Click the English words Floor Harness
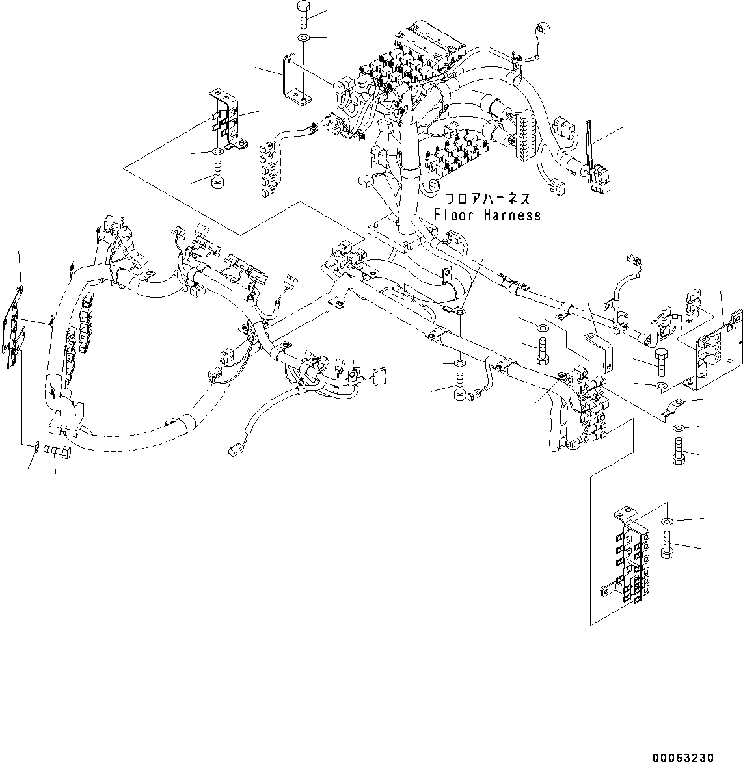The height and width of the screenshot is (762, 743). [487, 215]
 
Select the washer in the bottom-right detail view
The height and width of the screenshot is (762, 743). [666, 521]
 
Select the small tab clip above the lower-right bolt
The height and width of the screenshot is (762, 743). [670, 409]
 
